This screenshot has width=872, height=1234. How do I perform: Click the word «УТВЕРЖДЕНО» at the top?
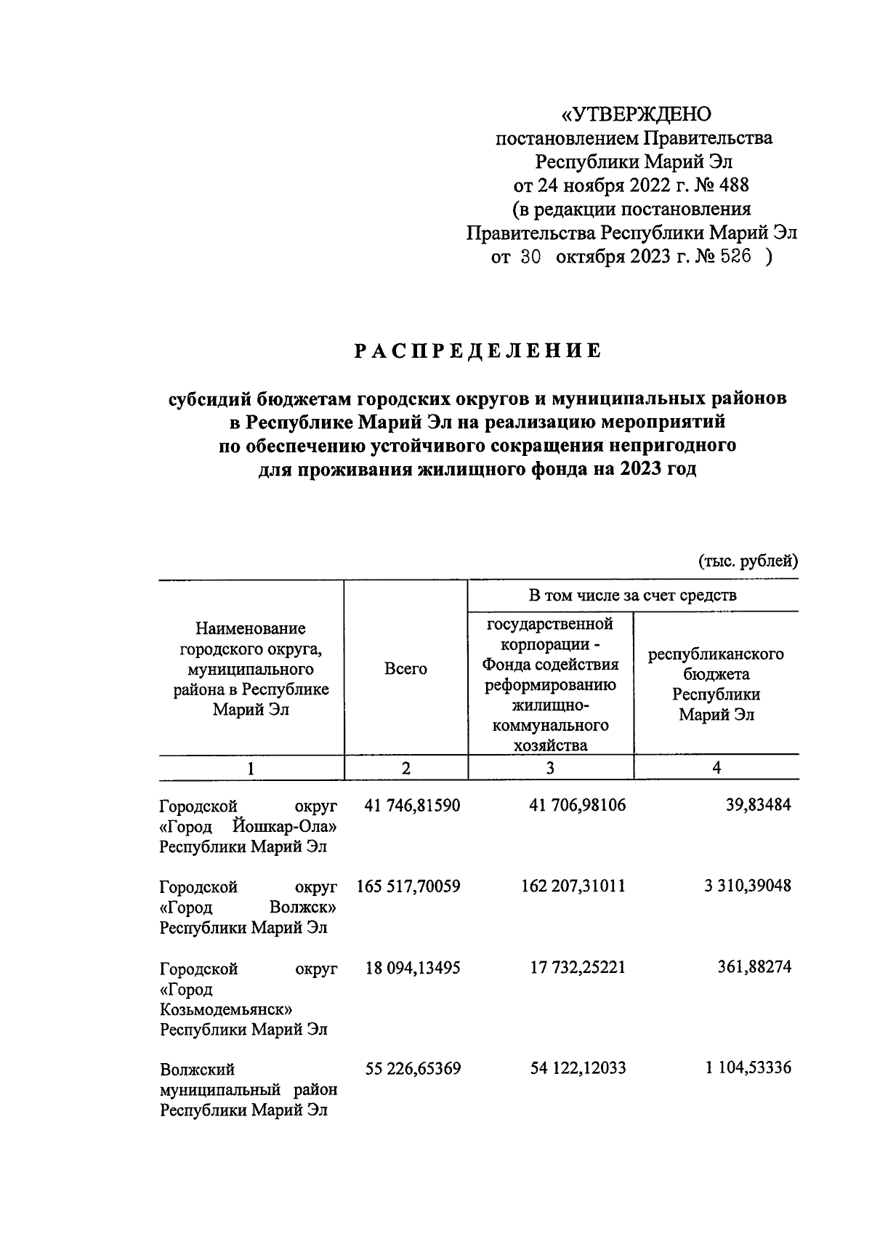point(637,115)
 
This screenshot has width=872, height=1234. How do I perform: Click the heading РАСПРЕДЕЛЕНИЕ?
point(478,351)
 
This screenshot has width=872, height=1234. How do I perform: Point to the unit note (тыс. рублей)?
point(748,561)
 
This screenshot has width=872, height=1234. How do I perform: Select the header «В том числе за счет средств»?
point(632,596)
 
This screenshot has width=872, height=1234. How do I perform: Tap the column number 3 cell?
point(550,768)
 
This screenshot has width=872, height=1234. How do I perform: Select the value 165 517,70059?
point(408,886)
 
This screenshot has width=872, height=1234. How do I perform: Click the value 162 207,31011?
point(573,886)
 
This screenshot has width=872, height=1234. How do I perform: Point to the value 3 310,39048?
point(747,886)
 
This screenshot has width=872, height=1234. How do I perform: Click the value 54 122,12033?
point(573,1069)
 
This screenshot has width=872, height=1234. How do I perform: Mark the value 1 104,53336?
point(747,1068)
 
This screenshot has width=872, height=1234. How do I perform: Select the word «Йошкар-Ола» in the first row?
point(286,827)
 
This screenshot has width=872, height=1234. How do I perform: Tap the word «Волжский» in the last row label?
point(197,1070)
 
